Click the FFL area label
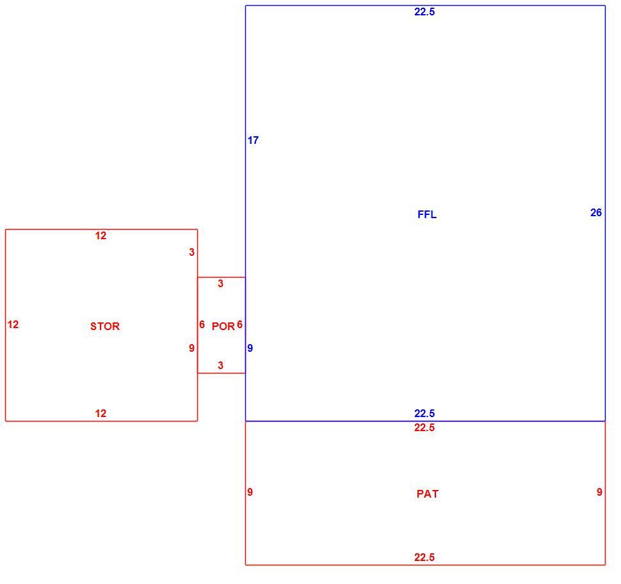(x=427, y=214)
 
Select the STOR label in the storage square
(x=105, y=326)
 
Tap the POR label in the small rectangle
(x=223, y=326)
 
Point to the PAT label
(x=428, y=494)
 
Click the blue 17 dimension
(x=253, y=140)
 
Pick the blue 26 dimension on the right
(x=596, y=213)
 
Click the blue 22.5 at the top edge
(x=424, y=12)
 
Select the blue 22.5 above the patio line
(x=424, y=413)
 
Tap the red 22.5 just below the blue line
(x=424, y=428)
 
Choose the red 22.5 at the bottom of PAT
(x=424, y=558)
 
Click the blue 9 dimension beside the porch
(x=250, y=348)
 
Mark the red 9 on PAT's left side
(x=250, y=492)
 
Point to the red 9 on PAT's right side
(x=600, y=492)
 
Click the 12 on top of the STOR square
(x=101, y=236)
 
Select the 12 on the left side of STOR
(x=13, y=325)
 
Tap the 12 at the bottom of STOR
(x=101, y=414)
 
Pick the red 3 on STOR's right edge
(x=191, y=253)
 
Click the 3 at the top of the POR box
(x=221, y=284)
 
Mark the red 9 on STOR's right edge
(x=191, y=348)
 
